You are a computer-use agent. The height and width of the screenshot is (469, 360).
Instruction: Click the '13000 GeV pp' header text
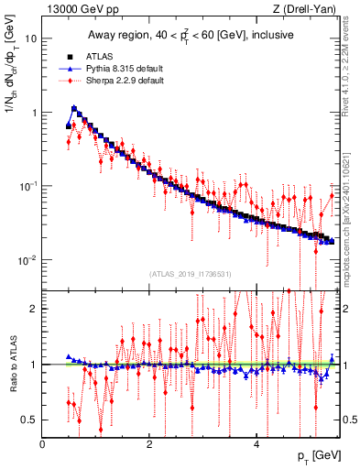pyautogui.click(x=77, y=9)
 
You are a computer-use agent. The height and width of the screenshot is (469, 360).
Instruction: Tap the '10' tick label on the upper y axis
pyautogui.click(x=29, y=39)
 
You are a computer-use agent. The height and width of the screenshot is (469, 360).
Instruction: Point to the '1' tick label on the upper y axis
pyautogui.click(x=33, y=113)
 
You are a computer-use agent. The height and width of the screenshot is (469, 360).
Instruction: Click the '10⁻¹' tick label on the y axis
pyautogui.click(x=27, y=186)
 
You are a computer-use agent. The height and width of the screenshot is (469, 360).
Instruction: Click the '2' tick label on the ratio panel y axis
pyautogui.click(x=33, y=309)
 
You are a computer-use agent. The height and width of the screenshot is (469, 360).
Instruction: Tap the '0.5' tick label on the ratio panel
pyautogui.click(x=28, y=420)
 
